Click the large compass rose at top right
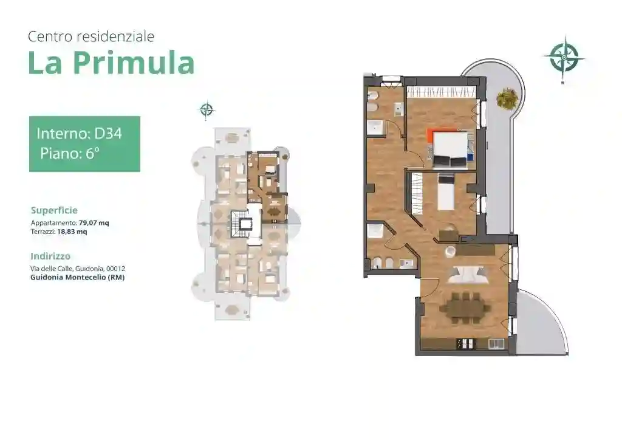564,58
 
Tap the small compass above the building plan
207,110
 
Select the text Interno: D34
79,133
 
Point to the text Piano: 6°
70,153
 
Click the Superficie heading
54,210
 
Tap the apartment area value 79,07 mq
94,223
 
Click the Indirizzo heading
50,256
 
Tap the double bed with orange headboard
449,149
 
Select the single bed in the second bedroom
446,193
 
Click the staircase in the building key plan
244,224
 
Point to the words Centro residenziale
91,36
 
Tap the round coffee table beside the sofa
450,251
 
